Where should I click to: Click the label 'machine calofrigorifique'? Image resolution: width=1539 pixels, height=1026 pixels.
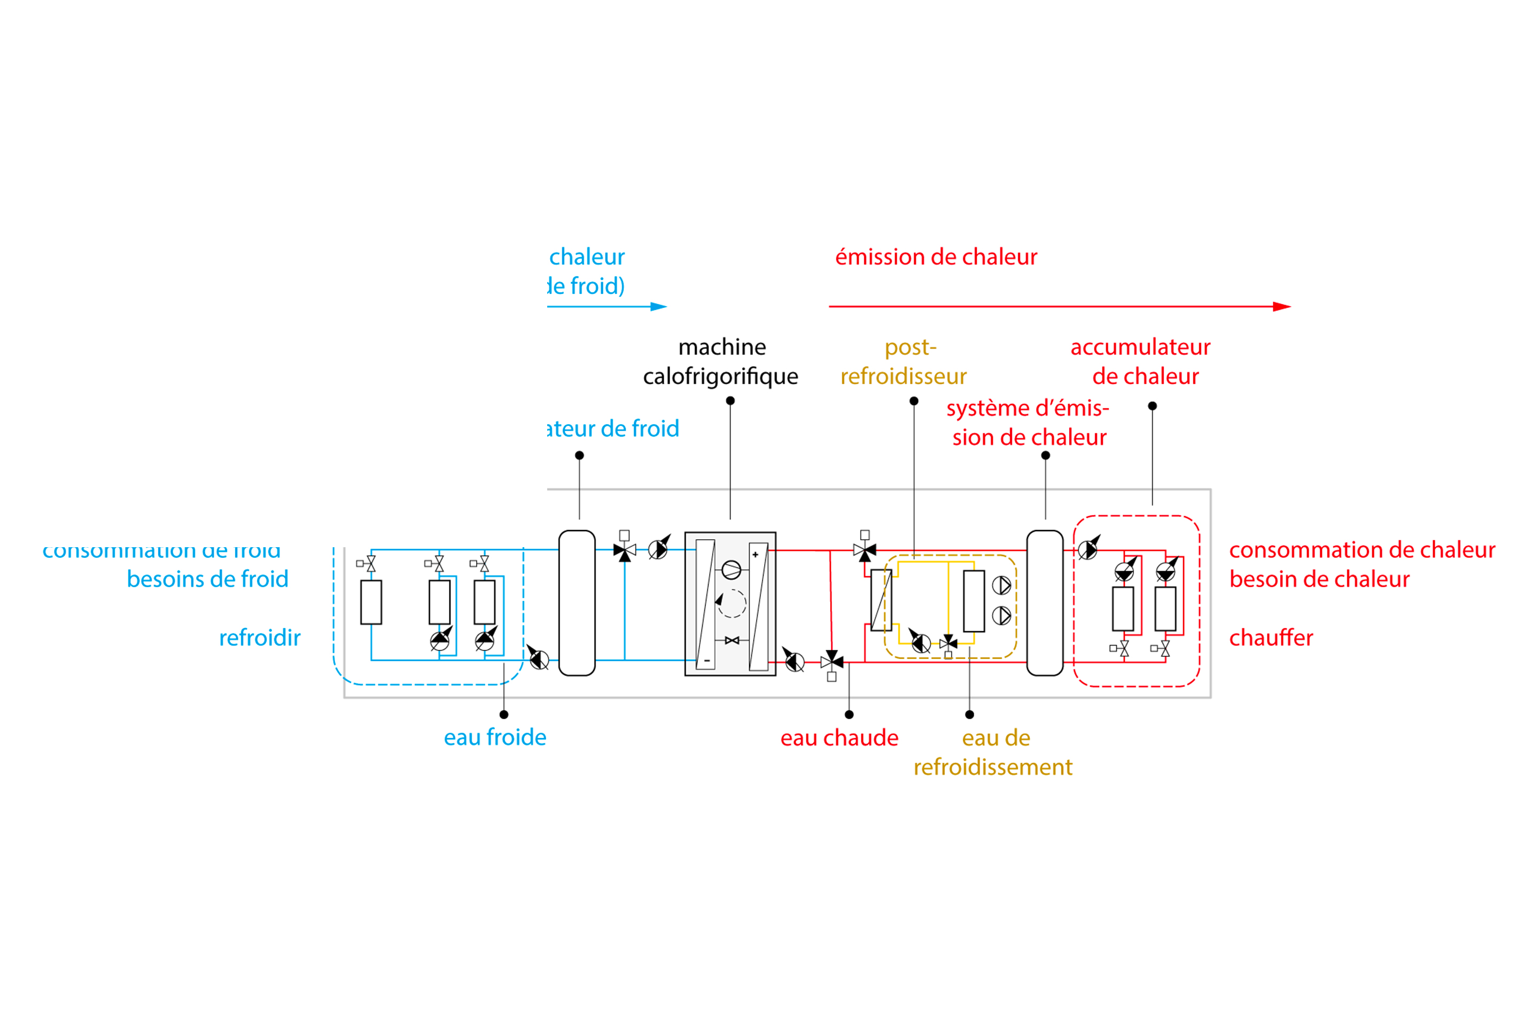click(x=720, y=361)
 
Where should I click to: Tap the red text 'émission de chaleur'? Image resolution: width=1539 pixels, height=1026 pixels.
click(x=936, y=256)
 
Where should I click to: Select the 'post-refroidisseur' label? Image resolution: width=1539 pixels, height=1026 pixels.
click(x=904, y=361)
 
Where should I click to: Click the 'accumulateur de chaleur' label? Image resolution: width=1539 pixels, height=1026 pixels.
click(x=1140, y=361)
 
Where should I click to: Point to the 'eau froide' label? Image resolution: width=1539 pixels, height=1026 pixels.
click(x=495, y=737)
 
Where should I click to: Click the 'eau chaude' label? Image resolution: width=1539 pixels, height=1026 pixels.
click(x=839, y=737)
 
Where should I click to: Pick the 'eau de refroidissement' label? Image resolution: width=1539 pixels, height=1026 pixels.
click(x=993, y=752)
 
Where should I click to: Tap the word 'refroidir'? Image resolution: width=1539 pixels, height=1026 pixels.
click(x=260, y=638)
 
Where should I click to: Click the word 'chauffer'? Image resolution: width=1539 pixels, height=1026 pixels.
click(x=1271, y=638)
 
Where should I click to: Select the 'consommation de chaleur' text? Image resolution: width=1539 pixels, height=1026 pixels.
click(x=1362, y=550)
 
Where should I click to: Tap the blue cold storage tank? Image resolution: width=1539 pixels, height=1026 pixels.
click(x=577, y=603)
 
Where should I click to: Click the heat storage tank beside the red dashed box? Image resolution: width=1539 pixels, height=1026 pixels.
click(x=1045, y=603)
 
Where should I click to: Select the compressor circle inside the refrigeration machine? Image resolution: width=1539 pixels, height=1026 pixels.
click(x=732, y=570)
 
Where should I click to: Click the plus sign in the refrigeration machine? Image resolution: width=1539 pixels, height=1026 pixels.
click(x=755, y=555)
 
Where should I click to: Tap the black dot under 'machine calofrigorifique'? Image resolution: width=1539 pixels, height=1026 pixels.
click(x=730, y=400)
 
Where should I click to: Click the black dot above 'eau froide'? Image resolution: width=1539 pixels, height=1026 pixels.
click(x=504, y=714)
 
